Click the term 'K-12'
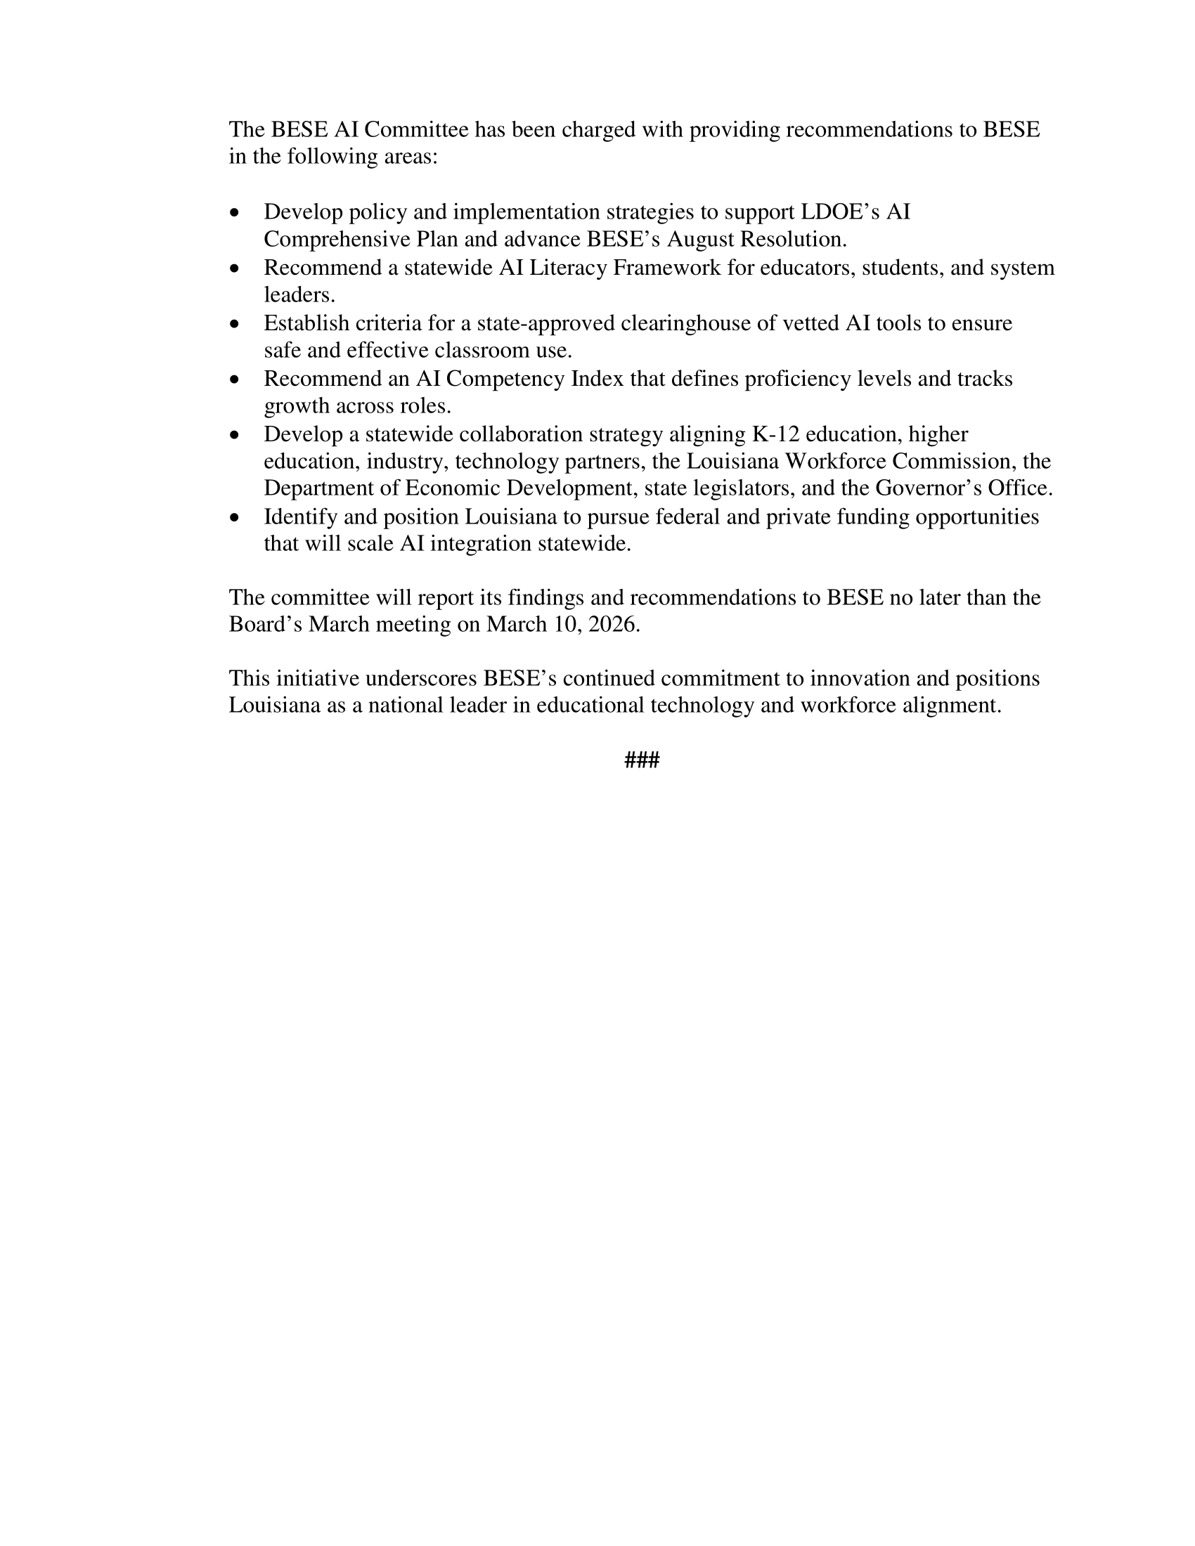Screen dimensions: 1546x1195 click(x=775, y=434)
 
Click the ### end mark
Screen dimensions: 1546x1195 click(x=641, y=761)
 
